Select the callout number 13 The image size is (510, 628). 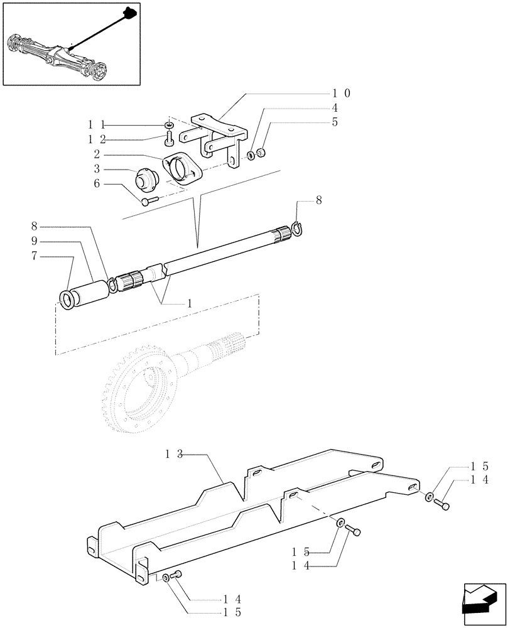coord(175,453)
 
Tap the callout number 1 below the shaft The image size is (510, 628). coord(189,303)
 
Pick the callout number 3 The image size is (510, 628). coord(97,169)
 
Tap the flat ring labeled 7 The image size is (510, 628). coord(67,300)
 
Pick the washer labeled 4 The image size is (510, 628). coord(251,154)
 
